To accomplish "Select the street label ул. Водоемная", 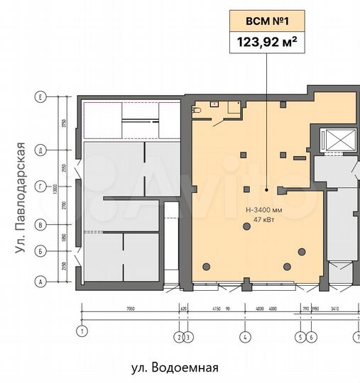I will click(x=174, y=368).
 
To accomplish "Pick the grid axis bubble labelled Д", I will click(x=42, y=150).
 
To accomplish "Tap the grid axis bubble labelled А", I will click(x=42, y=282).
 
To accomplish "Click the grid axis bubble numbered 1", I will click(x=82, y=331).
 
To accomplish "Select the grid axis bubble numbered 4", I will click(x=244, y=336).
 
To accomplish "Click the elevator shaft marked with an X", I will click(x=334, y=140).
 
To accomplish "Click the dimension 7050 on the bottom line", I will click(x=131, y=309).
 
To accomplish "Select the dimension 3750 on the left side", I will click(x=63, y=123).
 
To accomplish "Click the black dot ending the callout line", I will click(x=267, y=190).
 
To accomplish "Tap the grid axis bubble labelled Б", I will click(x=42, y=250).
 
